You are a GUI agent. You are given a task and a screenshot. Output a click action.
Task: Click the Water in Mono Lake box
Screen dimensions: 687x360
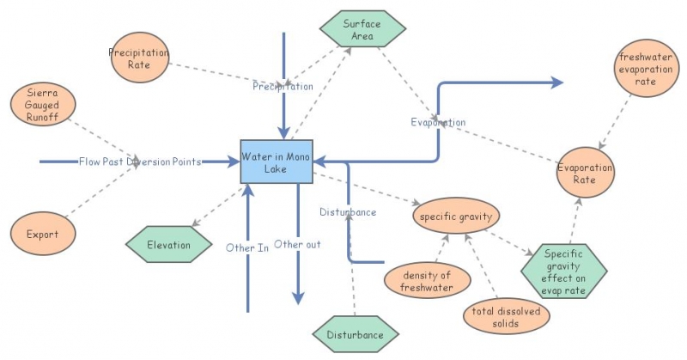coord(277,162)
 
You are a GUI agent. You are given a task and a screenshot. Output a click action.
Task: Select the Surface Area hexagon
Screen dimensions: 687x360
coord(362,29)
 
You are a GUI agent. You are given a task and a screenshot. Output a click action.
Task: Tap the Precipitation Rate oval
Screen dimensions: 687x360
coord(140,58)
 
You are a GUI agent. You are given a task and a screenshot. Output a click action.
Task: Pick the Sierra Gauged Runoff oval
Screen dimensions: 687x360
coord(43,104)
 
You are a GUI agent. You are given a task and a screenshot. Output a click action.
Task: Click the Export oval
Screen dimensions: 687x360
coord(43,234)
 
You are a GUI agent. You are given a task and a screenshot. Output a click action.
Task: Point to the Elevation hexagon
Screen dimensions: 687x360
coord(168,245)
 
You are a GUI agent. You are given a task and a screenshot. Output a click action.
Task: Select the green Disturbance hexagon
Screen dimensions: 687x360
coord(356,334)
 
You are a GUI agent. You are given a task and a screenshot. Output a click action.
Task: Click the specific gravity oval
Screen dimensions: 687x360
coord(456,216)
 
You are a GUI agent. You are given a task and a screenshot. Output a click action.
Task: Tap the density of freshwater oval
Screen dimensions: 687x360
coord(427,281)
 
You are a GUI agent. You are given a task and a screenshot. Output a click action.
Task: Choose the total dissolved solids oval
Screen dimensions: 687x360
coord(506,316)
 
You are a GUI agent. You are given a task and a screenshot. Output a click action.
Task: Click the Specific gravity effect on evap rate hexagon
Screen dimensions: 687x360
coord(564,272)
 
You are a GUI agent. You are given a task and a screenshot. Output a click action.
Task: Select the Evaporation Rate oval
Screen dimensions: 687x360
coord(586,173)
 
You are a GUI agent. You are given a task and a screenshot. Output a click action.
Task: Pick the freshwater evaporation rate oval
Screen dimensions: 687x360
coord(647,69)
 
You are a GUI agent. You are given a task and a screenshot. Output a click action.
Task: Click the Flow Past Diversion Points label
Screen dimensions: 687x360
coord(140,162)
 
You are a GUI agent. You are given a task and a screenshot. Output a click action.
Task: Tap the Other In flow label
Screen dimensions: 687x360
coord(247,247)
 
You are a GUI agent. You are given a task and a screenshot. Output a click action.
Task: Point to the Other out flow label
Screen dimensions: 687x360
coord(297,244)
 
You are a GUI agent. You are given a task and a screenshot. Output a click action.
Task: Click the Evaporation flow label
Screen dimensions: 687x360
coord(438,122)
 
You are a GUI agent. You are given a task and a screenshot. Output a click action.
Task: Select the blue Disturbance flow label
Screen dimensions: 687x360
coord(348,212)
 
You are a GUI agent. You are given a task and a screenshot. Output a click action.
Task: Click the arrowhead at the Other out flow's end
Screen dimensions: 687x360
coord(298,299)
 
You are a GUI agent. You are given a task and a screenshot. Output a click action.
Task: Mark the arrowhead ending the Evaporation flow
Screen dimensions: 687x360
coord(557,82)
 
